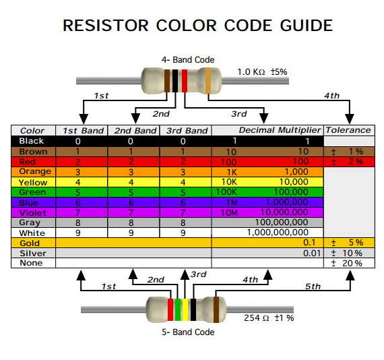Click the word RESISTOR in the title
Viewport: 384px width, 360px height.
106,25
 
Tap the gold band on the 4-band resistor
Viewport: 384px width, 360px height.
208,81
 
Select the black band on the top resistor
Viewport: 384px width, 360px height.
175,81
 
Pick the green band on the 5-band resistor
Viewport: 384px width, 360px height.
178,309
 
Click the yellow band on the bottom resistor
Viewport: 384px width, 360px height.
185,309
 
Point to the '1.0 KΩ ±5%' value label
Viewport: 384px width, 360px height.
262,72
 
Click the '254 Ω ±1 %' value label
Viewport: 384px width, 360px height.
269,318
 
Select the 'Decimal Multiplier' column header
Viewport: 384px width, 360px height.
280,130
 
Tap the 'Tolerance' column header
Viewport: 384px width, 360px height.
348,130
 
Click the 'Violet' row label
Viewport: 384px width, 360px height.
32,213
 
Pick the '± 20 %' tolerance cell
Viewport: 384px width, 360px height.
346,263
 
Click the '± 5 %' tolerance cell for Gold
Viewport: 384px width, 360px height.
347,243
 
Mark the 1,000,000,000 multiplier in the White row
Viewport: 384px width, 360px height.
278,233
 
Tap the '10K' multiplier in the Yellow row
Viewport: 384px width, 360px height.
229,182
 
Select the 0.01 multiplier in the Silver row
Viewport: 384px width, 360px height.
312,253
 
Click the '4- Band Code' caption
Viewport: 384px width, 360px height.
188,59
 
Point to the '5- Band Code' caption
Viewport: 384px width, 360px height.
188,332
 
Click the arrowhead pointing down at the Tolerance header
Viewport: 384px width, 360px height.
350,119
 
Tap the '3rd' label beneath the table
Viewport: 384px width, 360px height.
198,274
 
